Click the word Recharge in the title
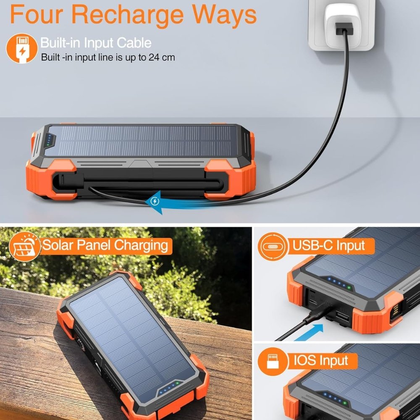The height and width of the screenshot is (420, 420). (127, 14)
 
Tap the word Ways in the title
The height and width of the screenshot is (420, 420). (224, 15)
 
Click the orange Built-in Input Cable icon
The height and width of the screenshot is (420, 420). (22, 48)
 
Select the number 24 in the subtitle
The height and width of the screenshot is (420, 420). (154, 57)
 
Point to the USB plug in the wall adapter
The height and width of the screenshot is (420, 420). (344, 29)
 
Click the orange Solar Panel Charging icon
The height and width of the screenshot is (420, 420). (25, 247)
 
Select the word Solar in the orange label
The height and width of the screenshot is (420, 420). (58, 245)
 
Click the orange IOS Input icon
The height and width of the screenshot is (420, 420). (273, 361)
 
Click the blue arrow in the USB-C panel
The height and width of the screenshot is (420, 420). (310, 332)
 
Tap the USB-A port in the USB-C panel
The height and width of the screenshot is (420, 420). (343, 317)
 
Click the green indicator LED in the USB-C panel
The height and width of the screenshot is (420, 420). (349, 288)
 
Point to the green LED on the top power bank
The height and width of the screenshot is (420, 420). (48, 145)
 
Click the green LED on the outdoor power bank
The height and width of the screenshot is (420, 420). (177, 383)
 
